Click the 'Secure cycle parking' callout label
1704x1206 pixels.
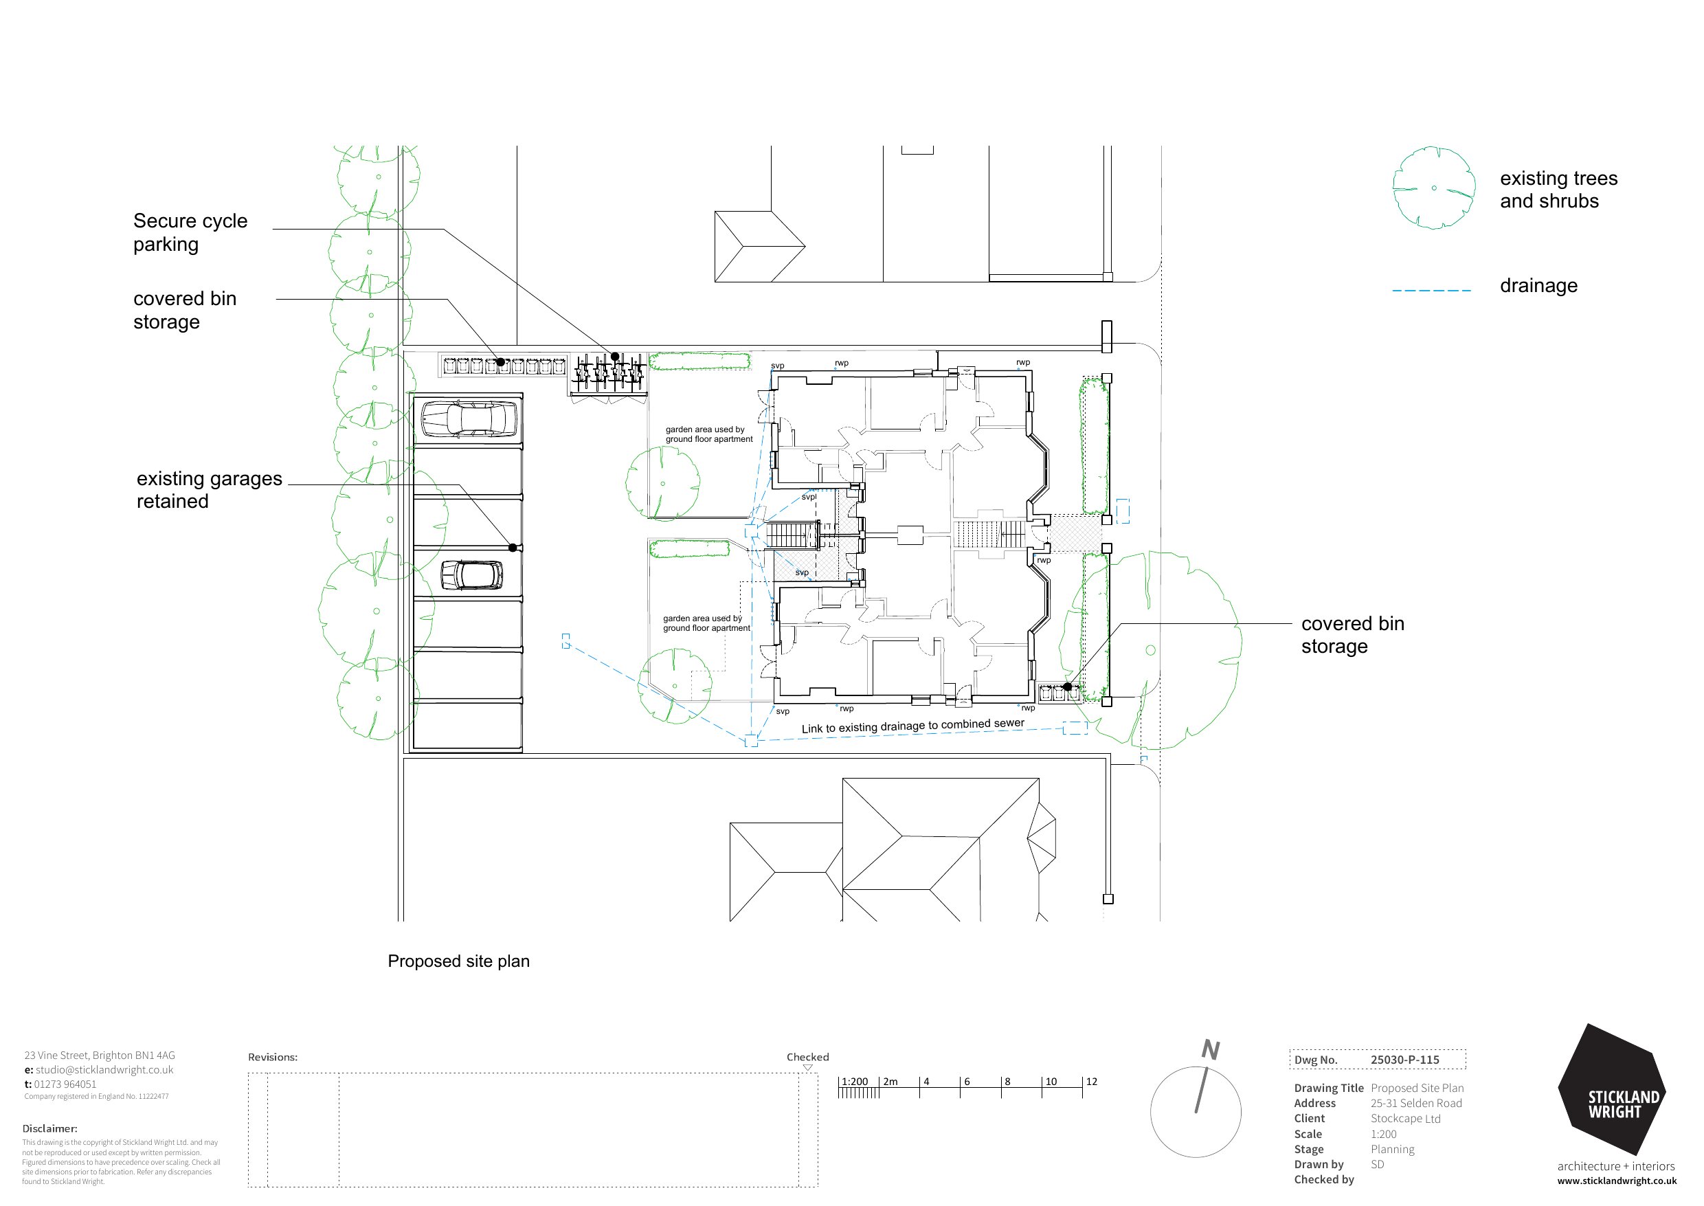(x=190, y=232)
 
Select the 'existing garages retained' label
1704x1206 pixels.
(x=210, y=489)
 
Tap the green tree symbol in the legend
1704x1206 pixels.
(x=1434, y=188)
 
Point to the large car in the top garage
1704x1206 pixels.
(x=469, y=420)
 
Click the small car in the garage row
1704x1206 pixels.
(x=471, y=574)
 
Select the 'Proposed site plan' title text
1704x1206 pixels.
(x=459, y=961)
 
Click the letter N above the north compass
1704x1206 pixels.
(x=1210, y=1050)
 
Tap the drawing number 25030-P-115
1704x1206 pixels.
(x=1405, y=1060)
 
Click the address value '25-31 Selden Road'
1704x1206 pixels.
(x=1416, y=1104)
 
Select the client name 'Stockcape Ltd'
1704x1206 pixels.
(x=1406, y=1118)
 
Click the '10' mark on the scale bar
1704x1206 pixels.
(x=1051, y=1082)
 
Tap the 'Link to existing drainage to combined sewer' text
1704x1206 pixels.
(x=912, y=726)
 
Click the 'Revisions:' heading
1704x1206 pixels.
(x=273, y=1058)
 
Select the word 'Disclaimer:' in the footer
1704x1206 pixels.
(x=49, y=1129)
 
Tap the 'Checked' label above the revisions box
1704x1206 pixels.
(x=808, y=1057)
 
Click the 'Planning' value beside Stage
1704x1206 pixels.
(x=1392, y=1150)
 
